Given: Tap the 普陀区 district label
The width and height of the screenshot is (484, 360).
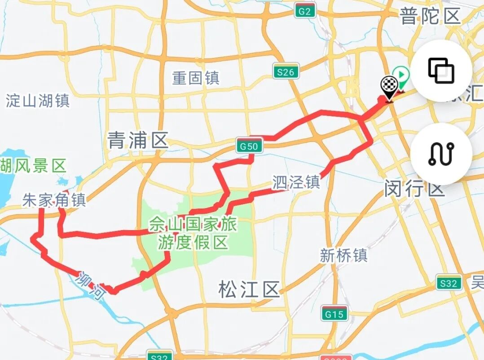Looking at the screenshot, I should click(430, 17).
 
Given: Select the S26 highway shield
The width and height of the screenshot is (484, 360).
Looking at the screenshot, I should click(286, 71).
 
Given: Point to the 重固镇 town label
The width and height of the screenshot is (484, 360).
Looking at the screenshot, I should click(196, 78).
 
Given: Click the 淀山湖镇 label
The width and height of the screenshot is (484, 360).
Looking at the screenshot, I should click(38, 101).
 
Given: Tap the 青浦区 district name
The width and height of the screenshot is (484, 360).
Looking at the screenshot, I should click(138, 141).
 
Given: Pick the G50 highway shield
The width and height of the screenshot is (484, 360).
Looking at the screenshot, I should click(249, 146).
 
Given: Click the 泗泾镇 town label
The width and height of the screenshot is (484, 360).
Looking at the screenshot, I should click(296, 182).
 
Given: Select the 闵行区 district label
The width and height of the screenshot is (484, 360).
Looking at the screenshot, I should click(414, 189).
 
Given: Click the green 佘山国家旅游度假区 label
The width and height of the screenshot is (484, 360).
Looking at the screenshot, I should click(193, 233).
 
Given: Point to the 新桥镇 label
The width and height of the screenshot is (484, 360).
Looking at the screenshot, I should click(343, 255).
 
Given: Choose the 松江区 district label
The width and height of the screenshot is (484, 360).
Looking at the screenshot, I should click(249, 289).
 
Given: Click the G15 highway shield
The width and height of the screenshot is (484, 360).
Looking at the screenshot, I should click(334, 314).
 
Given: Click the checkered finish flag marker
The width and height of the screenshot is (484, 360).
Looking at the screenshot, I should click(389, 87).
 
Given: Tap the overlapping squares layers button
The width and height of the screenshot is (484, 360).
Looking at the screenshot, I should click(441, 71).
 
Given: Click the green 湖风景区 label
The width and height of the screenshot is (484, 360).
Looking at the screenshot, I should click(33, 166).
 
